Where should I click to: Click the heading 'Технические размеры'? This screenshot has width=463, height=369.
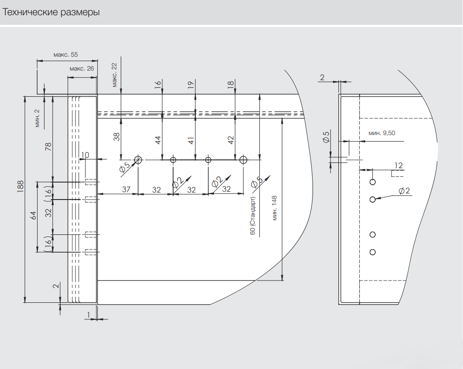tap(51, 12)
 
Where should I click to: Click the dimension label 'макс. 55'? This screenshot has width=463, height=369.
tap(65, 55)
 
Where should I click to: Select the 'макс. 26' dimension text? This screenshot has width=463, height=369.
tap(82, 69)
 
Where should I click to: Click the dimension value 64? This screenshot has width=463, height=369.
tap(33, 216)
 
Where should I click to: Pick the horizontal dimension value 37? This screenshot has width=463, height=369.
tap(126, 190)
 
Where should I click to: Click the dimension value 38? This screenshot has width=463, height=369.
tap(116, 137)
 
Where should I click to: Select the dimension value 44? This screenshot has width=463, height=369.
tap(158, 140)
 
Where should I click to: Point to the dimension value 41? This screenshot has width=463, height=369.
tap(191, 140)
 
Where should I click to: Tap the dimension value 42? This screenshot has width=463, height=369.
tap(231, 140)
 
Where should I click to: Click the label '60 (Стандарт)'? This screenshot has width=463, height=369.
tap(252, 216)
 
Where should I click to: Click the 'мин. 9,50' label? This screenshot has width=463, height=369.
tap(382, 133)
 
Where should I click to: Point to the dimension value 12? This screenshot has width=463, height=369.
tap(398, 165)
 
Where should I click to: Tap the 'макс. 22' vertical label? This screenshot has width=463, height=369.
tap(114, 75)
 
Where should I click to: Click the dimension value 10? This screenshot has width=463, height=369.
tap(85, 155)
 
